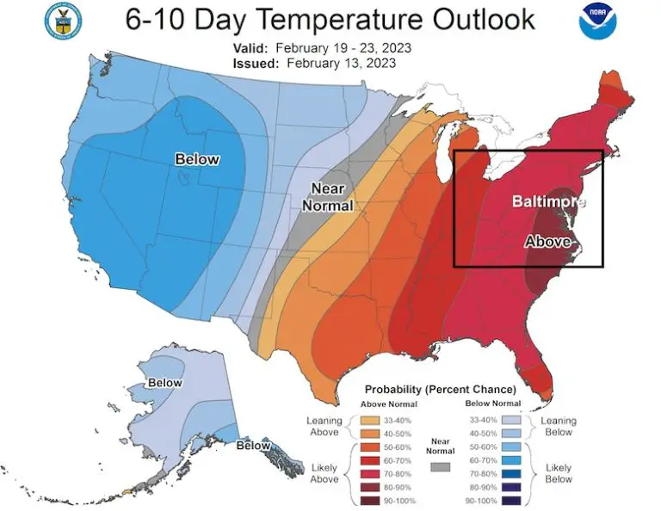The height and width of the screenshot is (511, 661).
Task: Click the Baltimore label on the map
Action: tap(548, 202)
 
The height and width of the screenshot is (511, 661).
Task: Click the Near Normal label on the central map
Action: tap(327, 197)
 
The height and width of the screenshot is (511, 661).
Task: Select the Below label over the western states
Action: tap(197, 159)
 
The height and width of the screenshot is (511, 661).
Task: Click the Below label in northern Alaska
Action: tap(164, 383)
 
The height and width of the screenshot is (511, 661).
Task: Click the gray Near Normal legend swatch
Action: tap(441, 466)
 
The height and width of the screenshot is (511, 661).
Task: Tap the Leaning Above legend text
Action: tap(325, 427)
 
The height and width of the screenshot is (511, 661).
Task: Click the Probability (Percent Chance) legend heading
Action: tap(440, 389)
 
